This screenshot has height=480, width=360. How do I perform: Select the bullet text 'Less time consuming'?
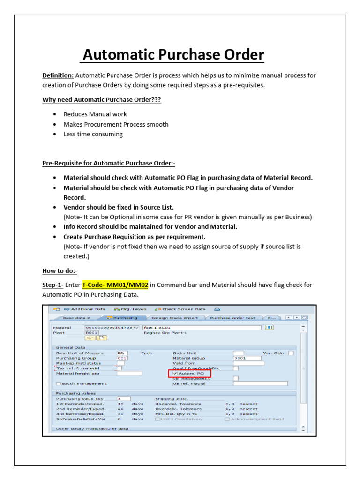click(x=93, y=134)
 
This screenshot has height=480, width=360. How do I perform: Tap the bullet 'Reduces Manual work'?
click(x=95, y=114)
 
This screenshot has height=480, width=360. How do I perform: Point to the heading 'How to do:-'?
click(x=60, y=271)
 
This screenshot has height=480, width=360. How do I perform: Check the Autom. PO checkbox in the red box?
click(x=175, y=373)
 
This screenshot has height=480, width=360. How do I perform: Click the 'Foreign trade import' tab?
click(x=174, y=318)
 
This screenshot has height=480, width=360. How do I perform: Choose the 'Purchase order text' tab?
click(x=232, y=318)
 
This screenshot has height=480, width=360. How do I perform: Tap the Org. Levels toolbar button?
click(x=130, y=309)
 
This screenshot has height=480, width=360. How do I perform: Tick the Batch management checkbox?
click(x=59, y=383)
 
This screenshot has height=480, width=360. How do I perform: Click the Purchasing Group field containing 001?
click(x=122, y=358)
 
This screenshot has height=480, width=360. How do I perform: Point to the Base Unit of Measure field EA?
click(x=122, y=352)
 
